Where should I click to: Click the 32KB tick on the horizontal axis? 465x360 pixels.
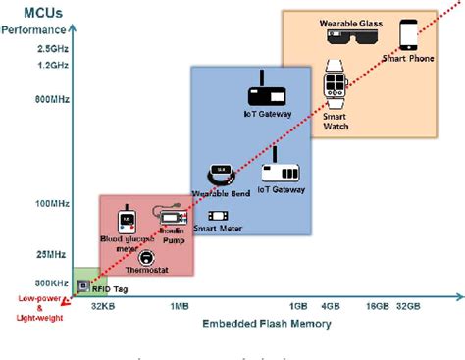(105, 305)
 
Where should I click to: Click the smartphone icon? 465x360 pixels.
(410, 35)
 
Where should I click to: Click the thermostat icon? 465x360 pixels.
(146, 256)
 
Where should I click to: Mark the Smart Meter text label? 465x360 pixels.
(217, 230)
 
